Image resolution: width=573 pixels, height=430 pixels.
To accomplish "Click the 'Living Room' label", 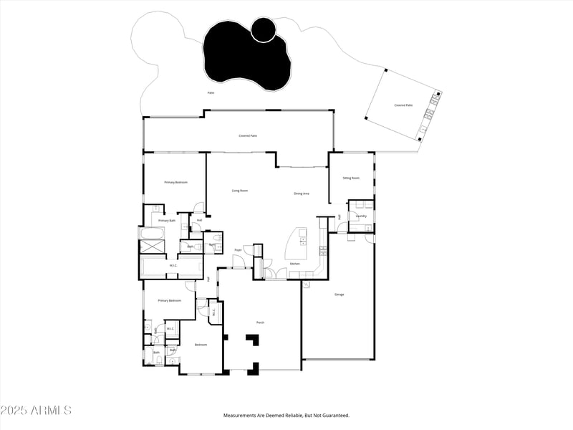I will [239, 191].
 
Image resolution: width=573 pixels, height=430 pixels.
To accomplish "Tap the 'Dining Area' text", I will [302, 193].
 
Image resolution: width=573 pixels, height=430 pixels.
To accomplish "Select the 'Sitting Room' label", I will [351, 178].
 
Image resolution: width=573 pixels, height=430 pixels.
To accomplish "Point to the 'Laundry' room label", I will [361, 216].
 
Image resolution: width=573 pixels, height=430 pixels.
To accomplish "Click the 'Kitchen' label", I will [294, 264].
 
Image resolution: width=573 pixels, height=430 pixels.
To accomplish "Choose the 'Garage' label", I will [339, 295].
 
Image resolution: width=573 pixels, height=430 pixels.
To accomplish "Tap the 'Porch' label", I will [260, 322].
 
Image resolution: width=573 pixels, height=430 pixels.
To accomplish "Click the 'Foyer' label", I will [238, 250].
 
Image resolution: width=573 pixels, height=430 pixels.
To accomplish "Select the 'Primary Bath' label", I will [167, 221].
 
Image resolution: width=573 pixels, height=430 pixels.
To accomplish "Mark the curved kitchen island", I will [294, 244].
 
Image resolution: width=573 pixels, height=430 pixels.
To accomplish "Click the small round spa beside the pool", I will [264, 29].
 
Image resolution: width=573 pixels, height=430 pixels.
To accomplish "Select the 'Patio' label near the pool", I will [211, 92].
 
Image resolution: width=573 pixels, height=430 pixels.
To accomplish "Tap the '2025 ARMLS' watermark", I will [36, 411].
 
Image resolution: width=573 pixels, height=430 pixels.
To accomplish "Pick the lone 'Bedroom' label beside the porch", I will [201, 345].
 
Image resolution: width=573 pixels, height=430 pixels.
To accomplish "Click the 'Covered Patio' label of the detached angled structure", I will [403, 105].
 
